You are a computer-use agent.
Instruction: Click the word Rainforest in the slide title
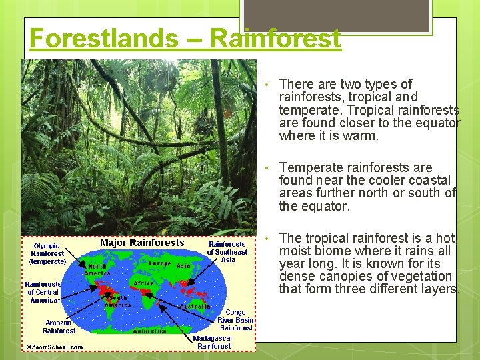click(275, 38)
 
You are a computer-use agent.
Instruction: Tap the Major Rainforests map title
click(142, 243)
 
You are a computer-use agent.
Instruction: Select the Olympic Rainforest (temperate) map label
click(48, 253)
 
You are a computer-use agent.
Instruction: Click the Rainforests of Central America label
click(43, 292)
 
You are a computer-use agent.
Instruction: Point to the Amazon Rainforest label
click(59, 327)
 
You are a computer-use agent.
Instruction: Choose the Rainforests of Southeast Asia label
click(227, 252)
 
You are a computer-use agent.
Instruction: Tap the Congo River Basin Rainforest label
click(235, 320)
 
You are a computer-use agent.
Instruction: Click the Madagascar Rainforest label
click(213, 342)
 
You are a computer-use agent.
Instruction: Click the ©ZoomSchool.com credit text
click(55, 347)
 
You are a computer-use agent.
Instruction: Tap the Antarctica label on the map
click(154, 331)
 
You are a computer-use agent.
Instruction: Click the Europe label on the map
click(159, 263)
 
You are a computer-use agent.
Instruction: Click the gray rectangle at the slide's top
click(336, 15)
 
